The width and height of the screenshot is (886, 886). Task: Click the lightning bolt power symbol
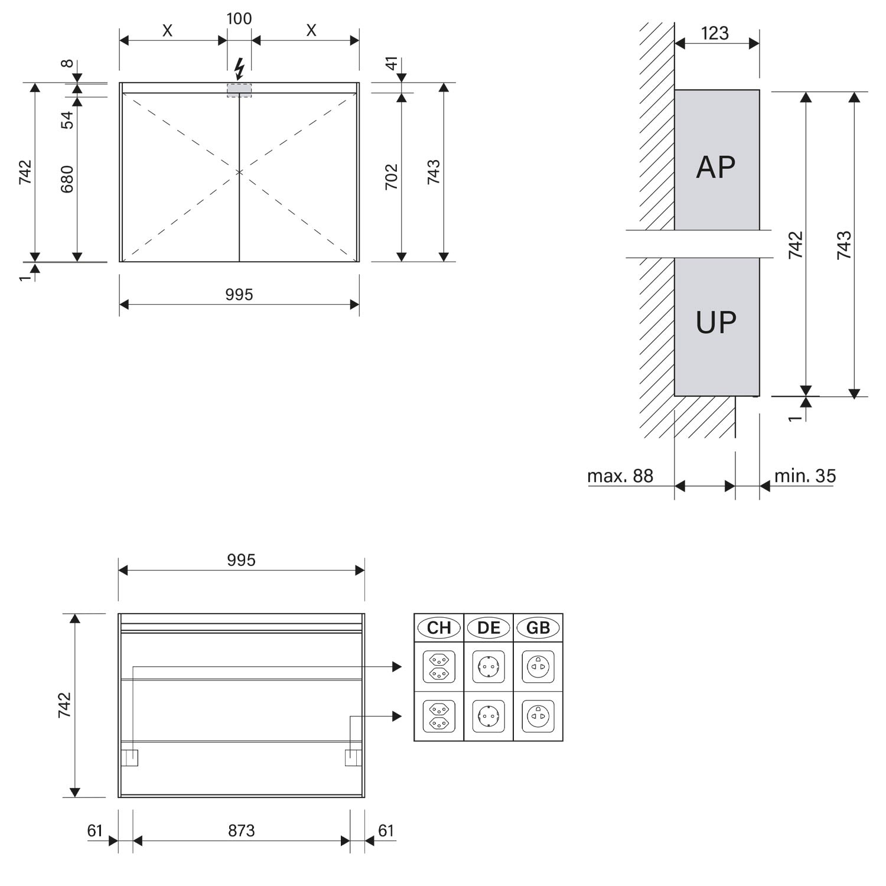(x=239, y=69)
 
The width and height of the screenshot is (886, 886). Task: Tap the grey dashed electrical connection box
(x=239, y=90)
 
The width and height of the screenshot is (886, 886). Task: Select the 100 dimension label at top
(x=239, y=19)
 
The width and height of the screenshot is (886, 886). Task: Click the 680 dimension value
(x=67, y=179)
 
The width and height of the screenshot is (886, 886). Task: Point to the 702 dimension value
(x=392, y=177)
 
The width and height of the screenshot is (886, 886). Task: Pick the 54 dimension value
(x=67, y=120)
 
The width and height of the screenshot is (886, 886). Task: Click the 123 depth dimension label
(x=715, y=33)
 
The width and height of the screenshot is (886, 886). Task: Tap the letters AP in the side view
(x=716, y=167)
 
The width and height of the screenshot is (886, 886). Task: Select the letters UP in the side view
(x=716, y=323)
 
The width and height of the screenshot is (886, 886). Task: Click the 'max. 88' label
(x=620, y=476)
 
